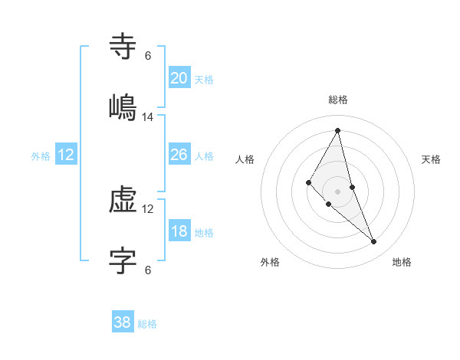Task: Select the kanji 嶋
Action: coord(123,106)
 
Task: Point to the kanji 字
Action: coord(123,260)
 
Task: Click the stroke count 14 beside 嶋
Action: coord(148,117)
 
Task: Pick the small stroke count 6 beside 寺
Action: coord(148,56)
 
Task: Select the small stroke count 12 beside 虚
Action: coord(148,208)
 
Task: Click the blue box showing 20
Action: coord(179,78)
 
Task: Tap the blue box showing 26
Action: coord(179,155)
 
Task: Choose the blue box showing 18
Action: coord(179,231)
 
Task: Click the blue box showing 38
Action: coord(122,322)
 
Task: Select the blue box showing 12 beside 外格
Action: coord(66,155)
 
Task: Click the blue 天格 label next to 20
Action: coord(204,80)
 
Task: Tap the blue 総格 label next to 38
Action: coord(147,324)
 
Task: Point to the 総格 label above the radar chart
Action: coord(338,100)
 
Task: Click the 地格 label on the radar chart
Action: coord(402,262)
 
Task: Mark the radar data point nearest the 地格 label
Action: coord(374,242)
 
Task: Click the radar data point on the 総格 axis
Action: coord(338,130)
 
